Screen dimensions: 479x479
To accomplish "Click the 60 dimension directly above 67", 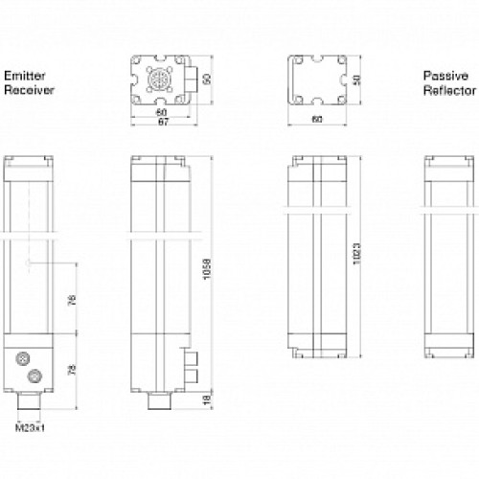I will coord(161,111).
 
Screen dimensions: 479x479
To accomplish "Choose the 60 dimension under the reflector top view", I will coord(316,121).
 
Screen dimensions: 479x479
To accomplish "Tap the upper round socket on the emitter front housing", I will coord(22,356).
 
